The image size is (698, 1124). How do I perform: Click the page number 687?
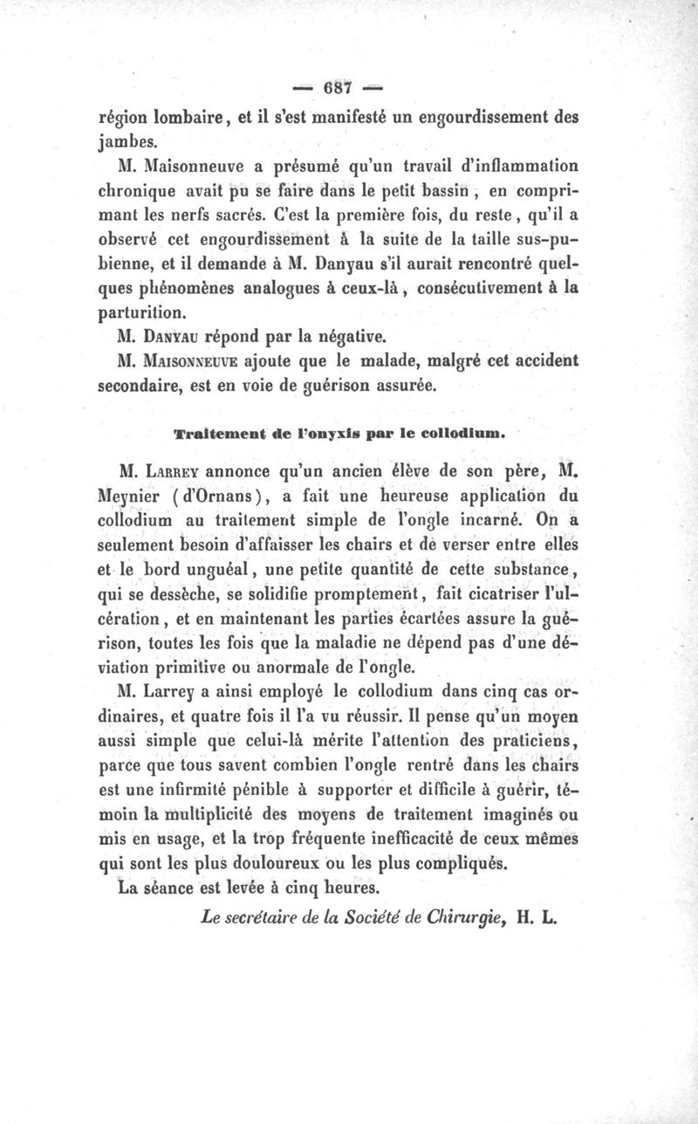tap(337, 88)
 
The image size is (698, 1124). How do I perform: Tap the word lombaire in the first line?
tap(193, 116)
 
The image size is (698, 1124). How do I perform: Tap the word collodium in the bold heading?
tap(465, 432)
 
